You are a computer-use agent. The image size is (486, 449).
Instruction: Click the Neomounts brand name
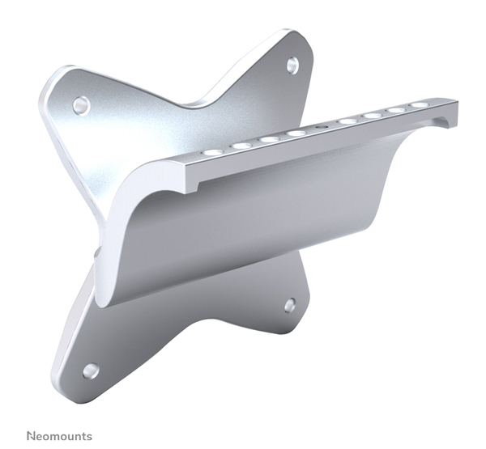[59, 436]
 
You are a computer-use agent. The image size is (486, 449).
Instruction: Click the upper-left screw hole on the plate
[80, 104]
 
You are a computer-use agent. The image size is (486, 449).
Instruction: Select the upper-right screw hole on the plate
[292, 65]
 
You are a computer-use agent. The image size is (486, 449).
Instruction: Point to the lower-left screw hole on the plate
[90, 371]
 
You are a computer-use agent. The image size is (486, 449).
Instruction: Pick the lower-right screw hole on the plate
[290, 305]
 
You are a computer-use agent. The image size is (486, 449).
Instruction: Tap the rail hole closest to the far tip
[420, 105]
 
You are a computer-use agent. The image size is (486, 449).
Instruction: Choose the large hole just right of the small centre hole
[347, 121]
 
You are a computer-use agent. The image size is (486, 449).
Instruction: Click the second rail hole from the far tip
[396, 110]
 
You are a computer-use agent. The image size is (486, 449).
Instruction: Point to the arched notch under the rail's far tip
[442, 124]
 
